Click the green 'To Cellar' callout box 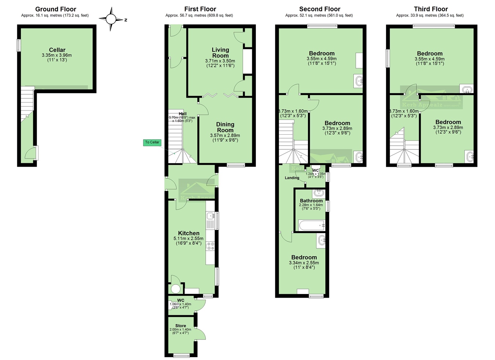point(152,142)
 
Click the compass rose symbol point(112,19)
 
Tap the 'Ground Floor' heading point(56,9)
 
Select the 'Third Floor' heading point(431,9)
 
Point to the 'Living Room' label point(220,52)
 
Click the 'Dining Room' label point(225,127)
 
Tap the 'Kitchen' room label point(189,233)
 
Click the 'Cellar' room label point(57,50)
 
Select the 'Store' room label point(180,326)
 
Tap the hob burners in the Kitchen point(210,246)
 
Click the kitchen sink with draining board point(210,220)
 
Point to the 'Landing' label point(292,178)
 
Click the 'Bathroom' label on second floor point(311,201)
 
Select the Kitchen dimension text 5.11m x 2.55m point(188,239)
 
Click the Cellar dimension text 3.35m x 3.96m point(57,55)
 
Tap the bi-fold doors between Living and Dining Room point(220,95)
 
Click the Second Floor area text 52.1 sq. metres point(319,15)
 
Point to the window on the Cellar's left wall point(18,45)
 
